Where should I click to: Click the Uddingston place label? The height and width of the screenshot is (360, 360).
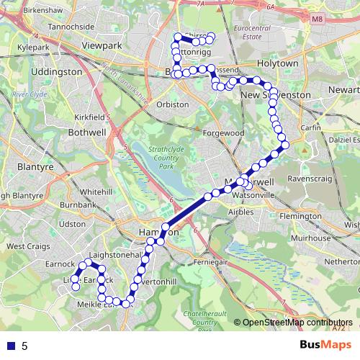coord(58,72)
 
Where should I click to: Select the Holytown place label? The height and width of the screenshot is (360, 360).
coord(277,63)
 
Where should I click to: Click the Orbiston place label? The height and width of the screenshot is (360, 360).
coord(172,104)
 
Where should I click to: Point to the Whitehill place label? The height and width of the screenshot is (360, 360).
coord(96,192)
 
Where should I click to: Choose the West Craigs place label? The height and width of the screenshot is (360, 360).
coord(27,246)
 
